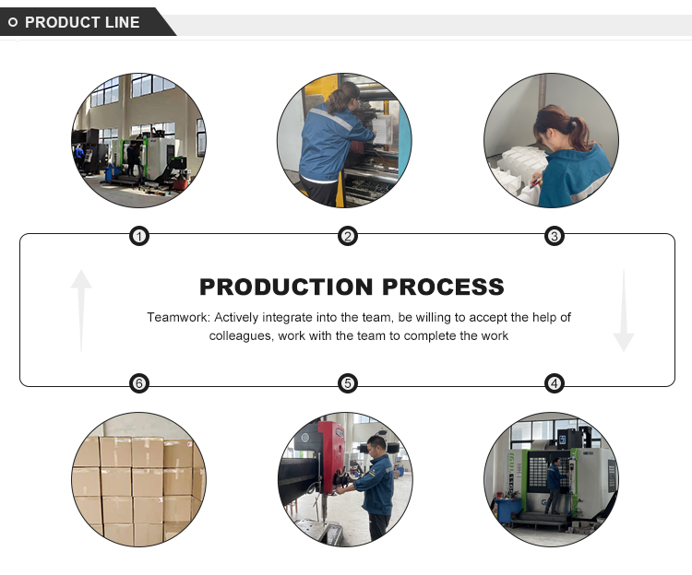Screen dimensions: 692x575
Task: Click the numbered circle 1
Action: [x=139, y=237]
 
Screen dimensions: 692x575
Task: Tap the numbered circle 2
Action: [x=348, y=237]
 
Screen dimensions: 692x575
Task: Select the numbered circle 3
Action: [x=555, y=237]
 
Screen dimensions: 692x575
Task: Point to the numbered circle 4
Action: [x=555, y=383]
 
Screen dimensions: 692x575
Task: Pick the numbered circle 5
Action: [x=348, y=383]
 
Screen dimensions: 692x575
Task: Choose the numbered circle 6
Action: [x=139, y=383]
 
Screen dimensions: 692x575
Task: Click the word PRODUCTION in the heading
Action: [x=286, y=287]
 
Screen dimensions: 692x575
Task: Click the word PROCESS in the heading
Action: [x=443, y=287]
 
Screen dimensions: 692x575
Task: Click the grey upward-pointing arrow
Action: [x=81, y=311]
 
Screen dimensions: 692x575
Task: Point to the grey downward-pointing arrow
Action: [x=624, y=311]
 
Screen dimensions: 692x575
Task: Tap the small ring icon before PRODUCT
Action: [x=13, y=22]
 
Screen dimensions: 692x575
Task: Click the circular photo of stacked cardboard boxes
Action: [x=138, y=479]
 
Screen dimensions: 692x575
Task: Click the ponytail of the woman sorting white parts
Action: [x=579, y=131]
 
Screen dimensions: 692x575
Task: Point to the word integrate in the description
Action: [x=288, y=318]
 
